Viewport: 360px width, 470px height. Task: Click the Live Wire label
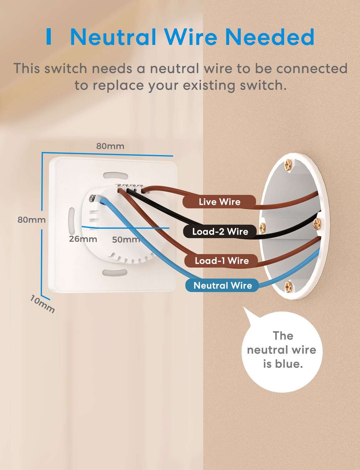[219, 202]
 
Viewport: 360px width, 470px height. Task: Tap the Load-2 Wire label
[220, 232]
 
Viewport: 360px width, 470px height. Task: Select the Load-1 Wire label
[222, 261]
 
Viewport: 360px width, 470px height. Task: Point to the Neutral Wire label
[223, 285]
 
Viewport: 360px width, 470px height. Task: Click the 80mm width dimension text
[110, 146]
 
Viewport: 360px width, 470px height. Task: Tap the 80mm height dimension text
[31, 220]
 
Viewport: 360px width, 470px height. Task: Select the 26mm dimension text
[83, 239]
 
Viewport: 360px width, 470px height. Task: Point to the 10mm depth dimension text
[42, 304]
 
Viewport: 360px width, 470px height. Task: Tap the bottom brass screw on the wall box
[288, 286]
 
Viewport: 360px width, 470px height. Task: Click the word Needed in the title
[270, 37]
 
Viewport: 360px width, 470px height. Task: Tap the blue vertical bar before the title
[49, 37]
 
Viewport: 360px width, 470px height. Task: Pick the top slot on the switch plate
[115, 175]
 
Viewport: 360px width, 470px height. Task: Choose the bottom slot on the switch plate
[115, 273]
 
